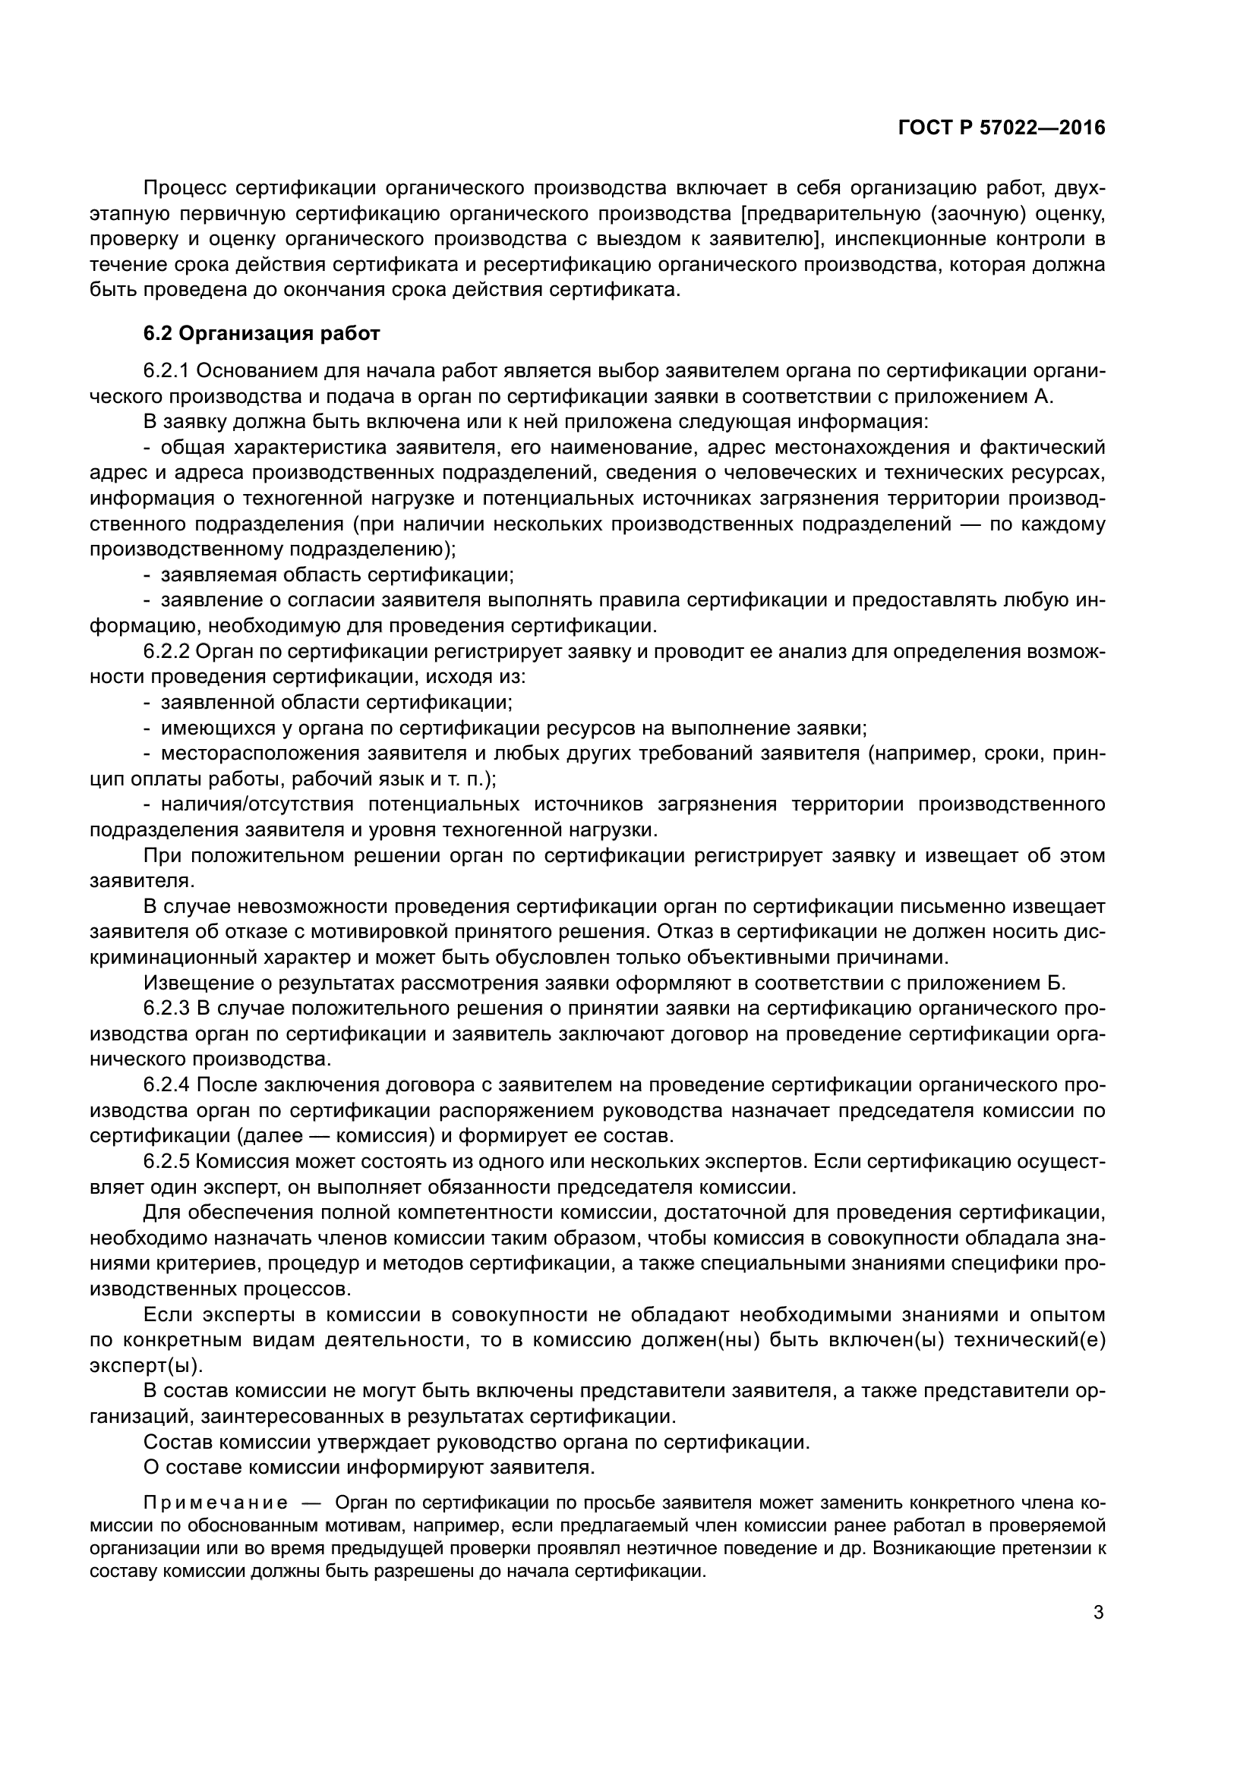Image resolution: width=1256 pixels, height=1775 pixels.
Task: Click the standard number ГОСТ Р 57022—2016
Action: (x=1002, y=128)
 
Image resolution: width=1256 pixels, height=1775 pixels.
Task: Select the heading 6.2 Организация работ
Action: (x=261, y=334)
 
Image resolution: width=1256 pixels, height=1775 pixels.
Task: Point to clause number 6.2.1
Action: (x=166, y=371)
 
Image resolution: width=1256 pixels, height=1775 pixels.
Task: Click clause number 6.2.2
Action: (x=166, y=652)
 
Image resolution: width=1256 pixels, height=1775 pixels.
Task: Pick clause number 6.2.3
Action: (x=166, y=1009)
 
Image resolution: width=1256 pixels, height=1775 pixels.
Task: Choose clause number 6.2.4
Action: (x=166, y=1085)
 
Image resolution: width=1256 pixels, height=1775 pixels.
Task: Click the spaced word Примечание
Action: (x=216, y=1503)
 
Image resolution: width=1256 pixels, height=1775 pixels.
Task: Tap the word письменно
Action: (x=996, y=907)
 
